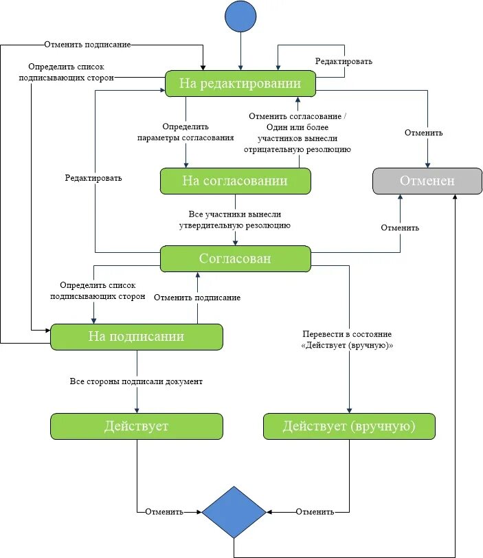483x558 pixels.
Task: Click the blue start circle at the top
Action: click(x=240, y=16)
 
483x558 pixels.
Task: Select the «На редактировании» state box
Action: click(x=240, y=83)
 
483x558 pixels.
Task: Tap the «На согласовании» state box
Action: click(x=235, y=181)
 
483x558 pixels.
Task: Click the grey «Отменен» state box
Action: click(x=427, y=181)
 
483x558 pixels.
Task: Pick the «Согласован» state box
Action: click(x=235, y=258)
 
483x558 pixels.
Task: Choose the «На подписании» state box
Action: click(x=137, y=337)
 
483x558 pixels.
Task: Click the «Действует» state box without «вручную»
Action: click(x=137, y=426)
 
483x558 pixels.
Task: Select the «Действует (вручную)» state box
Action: click(x=349, y=426)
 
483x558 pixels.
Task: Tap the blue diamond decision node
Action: click(x=234, y=512)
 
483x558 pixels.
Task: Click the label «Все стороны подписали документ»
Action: click(x=136, y=381)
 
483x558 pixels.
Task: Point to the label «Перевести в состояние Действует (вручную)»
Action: click(x=347, y=339)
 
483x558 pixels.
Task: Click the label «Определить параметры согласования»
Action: click(x=186, y=132)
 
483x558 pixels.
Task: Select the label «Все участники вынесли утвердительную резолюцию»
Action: click(x=235, y=220)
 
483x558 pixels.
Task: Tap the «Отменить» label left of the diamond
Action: click(x=164, y=512)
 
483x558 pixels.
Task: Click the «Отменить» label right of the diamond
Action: click(x=315, y=512)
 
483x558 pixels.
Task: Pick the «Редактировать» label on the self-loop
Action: click(x=344, y=61)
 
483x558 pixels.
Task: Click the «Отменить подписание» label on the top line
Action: click(x=87, y=45)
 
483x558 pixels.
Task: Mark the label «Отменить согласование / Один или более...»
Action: click(x=297, y=133)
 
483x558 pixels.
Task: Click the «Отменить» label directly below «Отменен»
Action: click(x=400, y=227)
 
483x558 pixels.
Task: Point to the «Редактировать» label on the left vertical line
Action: click(x=93, y=178)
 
